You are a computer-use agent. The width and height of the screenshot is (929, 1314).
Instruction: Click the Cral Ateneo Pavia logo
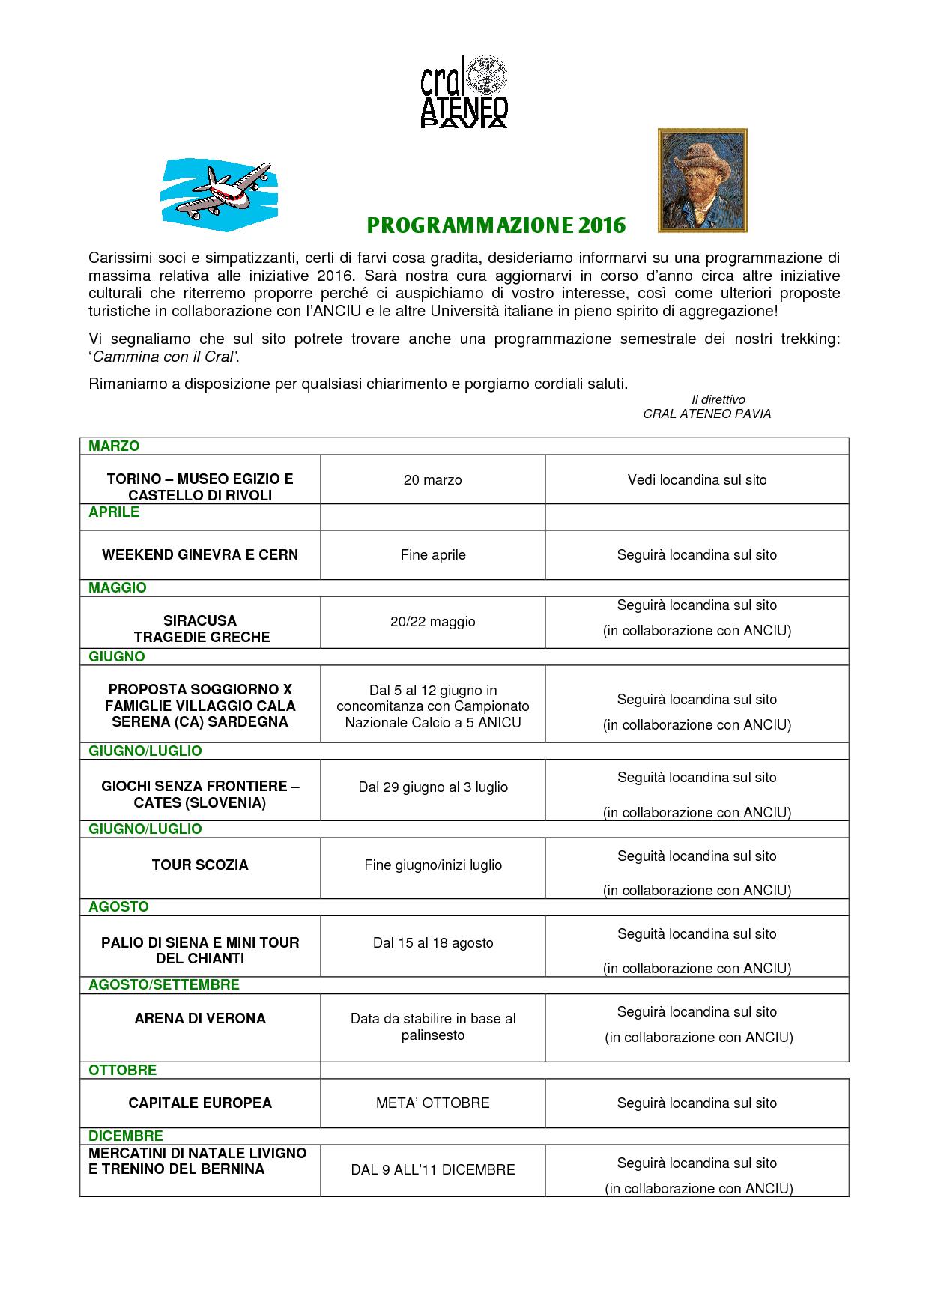pyautogui.click(x=464, y=91)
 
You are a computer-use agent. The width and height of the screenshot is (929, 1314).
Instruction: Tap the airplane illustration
pyautogui.click(x=219, y=190)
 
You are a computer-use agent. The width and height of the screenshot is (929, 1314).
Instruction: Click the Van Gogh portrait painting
pyautogui.click(x=702, y=181)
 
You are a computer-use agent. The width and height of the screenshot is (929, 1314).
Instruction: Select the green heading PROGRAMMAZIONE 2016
pyautogui.click(x=496, y=225)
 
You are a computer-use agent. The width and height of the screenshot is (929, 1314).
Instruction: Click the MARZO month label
pyautogui.click(x=114, y=446)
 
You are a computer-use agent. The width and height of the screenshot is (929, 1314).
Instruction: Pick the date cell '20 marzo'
pyautogui.click(x=432, y=479)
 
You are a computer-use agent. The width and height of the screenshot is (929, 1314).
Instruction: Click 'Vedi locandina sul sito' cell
pyautogui.click(x=697, y=479)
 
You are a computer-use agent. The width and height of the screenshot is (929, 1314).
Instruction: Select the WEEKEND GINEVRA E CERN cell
pyautogui.click(x=200, y=555)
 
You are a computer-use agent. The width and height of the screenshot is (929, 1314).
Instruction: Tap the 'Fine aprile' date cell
pyautogui.click(x=432, y=555)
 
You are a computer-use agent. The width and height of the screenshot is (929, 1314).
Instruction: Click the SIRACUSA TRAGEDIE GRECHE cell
pyautogui.click(x=200, y=629)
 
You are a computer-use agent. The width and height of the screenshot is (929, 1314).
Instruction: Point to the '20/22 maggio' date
pyautogui.click(x=432, y=622)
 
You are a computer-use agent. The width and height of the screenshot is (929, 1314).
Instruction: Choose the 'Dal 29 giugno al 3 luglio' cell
pyautogui.click(x=432, y=787)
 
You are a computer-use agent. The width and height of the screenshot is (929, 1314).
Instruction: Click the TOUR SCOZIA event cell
pyautogui.click(x=200, y=865)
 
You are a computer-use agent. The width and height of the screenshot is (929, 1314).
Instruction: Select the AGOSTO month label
pyautogui.click(x=118, y=907)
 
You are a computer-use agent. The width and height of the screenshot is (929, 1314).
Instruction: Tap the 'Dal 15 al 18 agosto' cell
pyautogui.click(x=432, y=943)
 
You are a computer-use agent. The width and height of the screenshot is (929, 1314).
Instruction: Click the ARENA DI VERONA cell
pyautogui.click(x=200, y=1019)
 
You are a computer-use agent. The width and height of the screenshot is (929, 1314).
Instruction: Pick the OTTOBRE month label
pyautogui.click(x=122, y=1071)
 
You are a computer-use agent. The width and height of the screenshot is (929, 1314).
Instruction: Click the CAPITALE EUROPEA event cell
pyautogui.click(x=200, y=1103)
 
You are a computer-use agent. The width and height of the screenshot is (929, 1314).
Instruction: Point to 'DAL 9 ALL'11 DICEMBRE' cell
pyautogui.click(x=432, y=1170)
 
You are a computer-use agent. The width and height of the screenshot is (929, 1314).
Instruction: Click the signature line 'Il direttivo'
pyautogui.click(x=718, y=400)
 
